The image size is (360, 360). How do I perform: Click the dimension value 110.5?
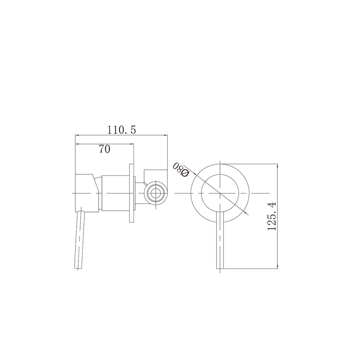click(x=121, y=130)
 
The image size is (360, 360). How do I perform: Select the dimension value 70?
click(x=104, y=149)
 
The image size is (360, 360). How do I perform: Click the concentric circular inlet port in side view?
click(x=155, y=193)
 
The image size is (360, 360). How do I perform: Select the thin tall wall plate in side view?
click(x=132, y=193)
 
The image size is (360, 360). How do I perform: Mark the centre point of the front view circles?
click(x=220, y=193)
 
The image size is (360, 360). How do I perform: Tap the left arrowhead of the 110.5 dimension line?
click(x=78, y=135)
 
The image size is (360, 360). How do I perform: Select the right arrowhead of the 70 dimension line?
click(x=132, y=143)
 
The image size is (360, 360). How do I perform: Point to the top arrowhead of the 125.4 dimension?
click(x=278, y=165)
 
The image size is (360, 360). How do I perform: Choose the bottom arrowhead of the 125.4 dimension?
click(x=278, y=267)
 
